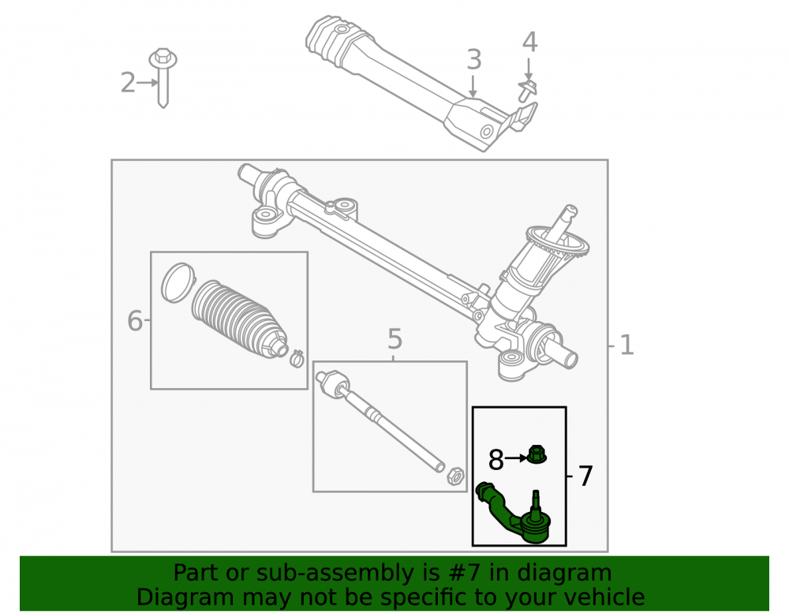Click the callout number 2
point(128,83)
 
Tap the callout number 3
point(474,60)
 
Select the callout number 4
point(530,43)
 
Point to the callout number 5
point(395,339)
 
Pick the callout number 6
point(135,321)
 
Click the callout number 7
point(585,476)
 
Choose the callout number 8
point(496,460)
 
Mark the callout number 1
point(626,345)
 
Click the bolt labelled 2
point(163,77)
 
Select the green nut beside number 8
point(537,454)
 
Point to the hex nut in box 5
point(455,476)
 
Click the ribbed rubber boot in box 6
point(240,320)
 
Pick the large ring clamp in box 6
point(178,282)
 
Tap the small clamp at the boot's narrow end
point(297,359)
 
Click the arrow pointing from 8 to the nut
point(516,458)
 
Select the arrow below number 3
point(472,85)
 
